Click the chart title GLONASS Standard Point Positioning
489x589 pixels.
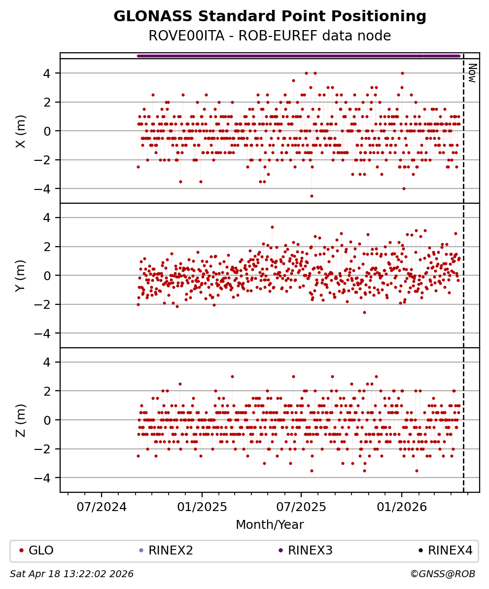(x=270, y=17)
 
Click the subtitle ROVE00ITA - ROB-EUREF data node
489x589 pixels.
(x=270, y=36)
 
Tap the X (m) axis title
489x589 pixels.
(x=20, y=131)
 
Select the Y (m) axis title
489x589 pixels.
(x=20, y=276)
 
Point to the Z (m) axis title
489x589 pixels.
(x=20, y=420)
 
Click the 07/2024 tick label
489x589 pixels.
(x=102, y=506)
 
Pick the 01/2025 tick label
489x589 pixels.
(x=202, y=506)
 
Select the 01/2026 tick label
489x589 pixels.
(x=402, y=506)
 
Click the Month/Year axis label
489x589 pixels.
(x=270, y=524)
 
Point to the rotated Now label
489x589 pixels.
(x=472, y=73)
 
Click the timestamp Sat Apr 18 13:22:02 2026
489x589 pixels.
(x=72, y=574)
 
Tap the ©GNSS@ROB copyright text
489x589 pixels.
(x=442, y=574)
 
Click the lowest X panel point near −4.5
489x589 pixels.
(x=312, y=196)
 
